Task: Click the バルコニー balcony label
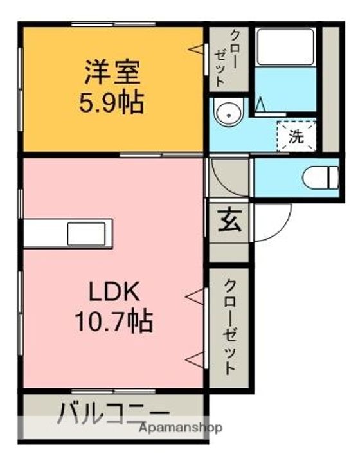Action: point(114,412)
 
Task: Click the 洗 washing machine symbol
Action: point(296,135)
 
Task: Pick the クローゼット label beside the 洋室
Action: point(221,58)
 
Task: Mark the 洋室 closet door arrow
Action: point(195,49)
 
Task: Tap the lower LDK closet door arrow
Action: point(195,358)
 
